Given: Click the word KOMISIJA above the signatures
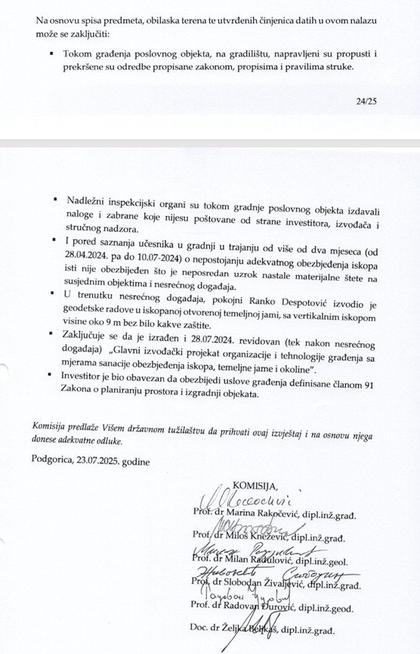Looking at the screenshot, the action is tap(255, 485).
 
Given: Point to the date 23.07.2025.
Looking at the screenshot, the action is tap(107, 460).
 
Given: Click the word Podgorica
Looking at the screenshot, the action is tap(56, 460).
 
